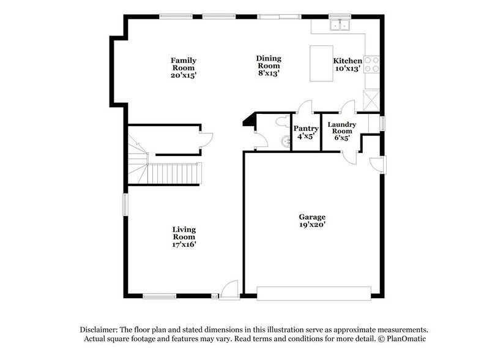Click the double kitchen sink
[x=338, y=25]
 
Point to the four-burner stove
[x=371, y=64]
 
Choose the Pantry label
[x=306, y=129]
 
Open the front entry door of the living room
[x=229, y=290]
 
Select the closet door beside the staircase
[x=206, y=139]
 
